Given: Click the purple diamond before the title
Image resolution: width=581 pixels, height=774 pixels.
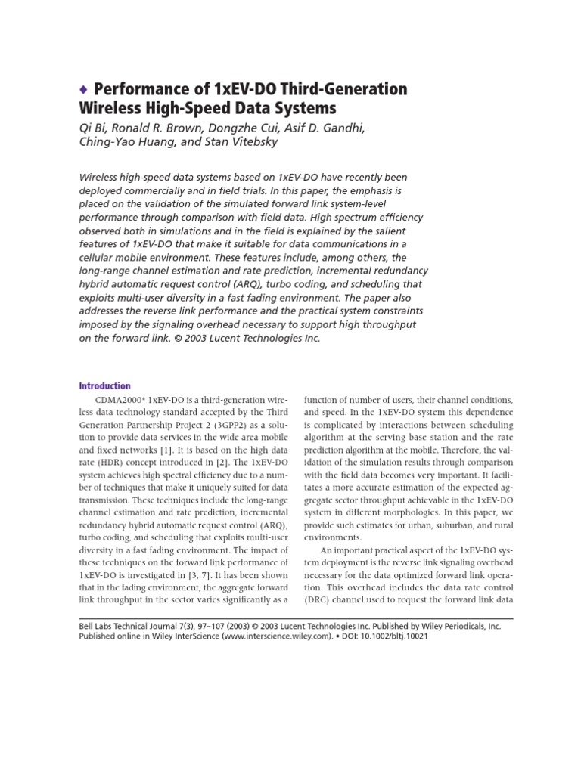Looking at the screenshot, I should coord(84,90).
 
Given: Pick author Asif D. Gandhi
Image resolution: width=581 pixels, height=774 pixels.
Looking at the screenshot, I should coord(326,129).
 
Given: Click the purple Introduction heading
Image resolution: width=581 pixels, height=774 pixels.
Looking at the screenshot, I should coord(105,385).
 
